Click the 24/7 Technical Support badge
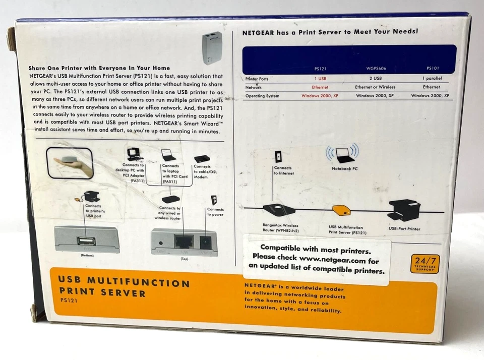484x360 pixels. coord(425,264)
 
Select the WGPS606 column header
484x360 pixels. coord(375,69)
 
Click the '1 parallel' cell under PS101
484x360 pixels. coord(431,78)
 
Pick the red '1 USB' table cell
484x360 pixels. coord(320,78)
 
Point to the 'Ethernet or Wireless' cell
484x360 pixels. coord(375,87)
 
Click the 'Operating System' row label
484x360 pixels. coord(262,96)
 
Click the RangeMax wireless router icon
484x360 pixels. coord(278,209)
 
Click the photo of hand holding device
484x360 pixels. coord(70,162)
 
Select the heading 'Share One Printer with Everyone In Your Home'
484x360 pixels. coord(99,68)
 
